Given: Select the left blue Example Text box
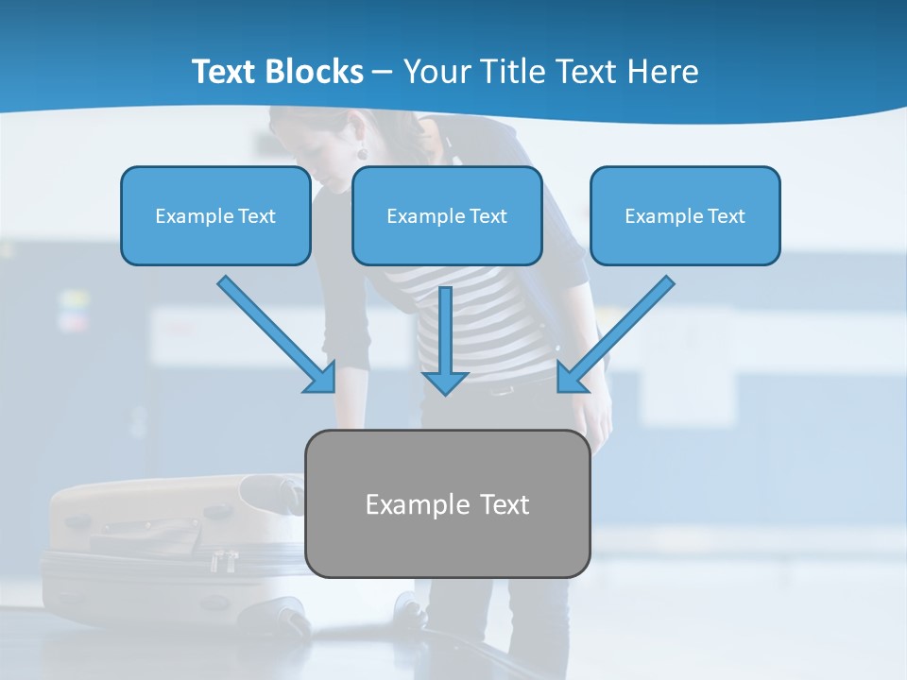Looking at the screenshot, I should pyautogui.click(x=215, y=215).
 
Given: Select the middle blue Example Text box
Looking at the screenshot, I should pyautogui.click(x=447, y=215).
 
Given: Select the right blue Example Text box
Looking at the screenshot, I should pyautogui.click(x=685, y=215).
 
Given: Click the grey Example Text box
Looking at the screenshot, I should pyautogui.click(x=447, y=503).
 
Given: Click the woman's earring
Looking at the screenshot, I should pyautogui.click(x=361, y=151).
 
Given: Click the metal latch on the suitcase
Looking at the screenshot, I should pyautogui.click(x=224, y=561).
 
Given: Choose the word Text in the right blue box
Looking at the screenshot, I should pyautogui.click(x=726, y=216).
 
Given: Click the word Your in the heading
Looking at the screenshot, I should pyautogui.click(x=434, y=72).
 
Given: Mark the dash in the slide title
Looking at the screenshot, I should pyautogui.click(x=383, y=72).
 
